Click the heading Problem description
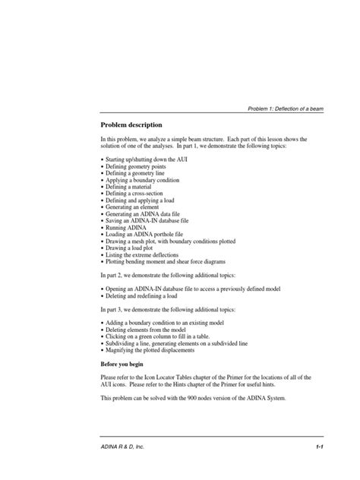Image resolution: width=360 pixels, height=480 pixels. point(131,124)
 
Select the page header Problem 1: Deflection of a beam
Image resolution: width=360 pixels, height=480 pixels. point(286,109)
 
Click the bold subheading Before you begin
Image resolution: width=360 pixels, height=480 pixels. point(126,363)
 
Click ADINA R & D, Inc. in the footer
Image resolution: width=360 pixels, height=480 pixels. point(123,447)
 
